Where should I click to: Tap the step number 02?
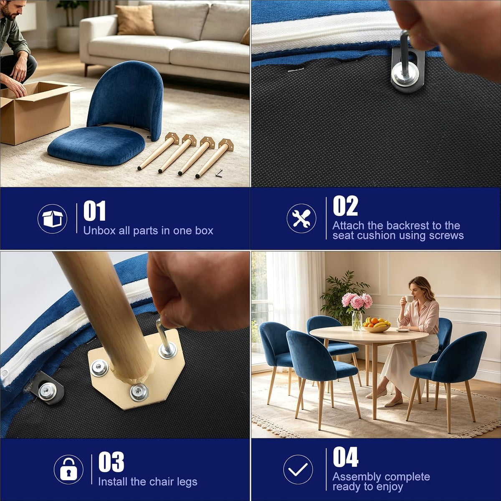(x=345, y=206)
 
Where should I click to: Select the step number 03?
(x=111, y=462)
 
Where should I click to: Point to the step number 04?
(x=346, y=457)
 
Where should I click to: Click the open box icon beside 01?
(x=52, y=219)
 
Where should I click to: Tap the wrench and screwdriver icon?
(x=301, y=218)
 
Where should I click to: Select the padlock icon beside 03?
(x=68, y=470)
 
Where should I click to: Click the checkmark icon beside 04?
(x=298, y=470)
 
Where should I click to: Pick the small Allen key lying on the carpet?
(x=219, y=173)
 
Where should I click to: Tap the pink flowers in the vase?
(x=357, y=303)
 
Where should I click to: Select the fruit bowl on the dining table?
(x=376, y=326)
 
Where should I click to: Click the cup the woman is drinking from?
(x=409, y=299)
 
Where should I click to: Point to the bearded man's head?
(x=10, y=9)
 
